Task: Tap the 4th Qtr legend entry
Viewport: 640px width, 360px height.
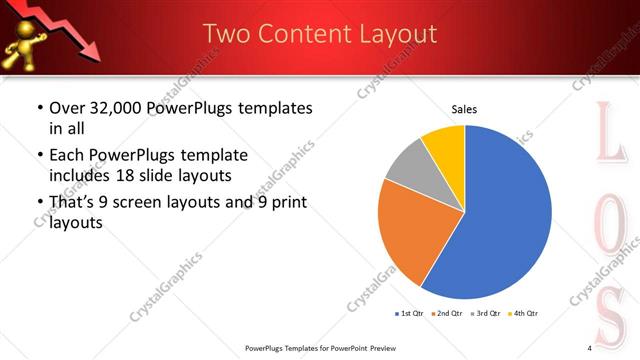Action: pos(524,314)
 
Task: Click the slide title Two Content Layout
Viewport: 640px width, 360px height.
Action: pos(320,34)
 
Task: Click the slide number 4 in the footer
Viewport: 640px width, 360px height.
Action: pos(590,348)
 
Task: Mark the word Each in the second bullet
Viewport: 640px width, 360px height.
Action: pos(68,156)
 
